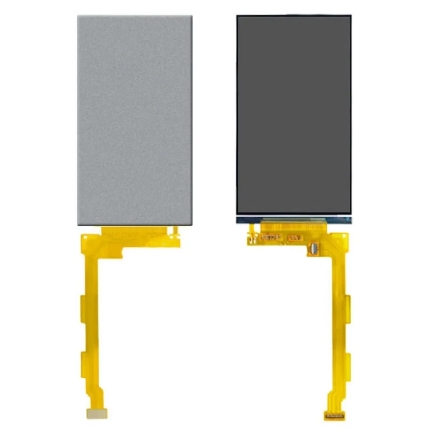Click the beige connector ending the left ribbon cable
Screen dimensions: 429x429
pyautogui.click(x=99, y=413)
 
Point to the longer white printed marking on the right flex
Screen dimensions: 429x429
pyautogui.click(x=271, y=236)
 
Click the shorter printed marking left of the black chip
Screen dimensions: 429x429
pyautogui.click(x=294, y=237)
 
